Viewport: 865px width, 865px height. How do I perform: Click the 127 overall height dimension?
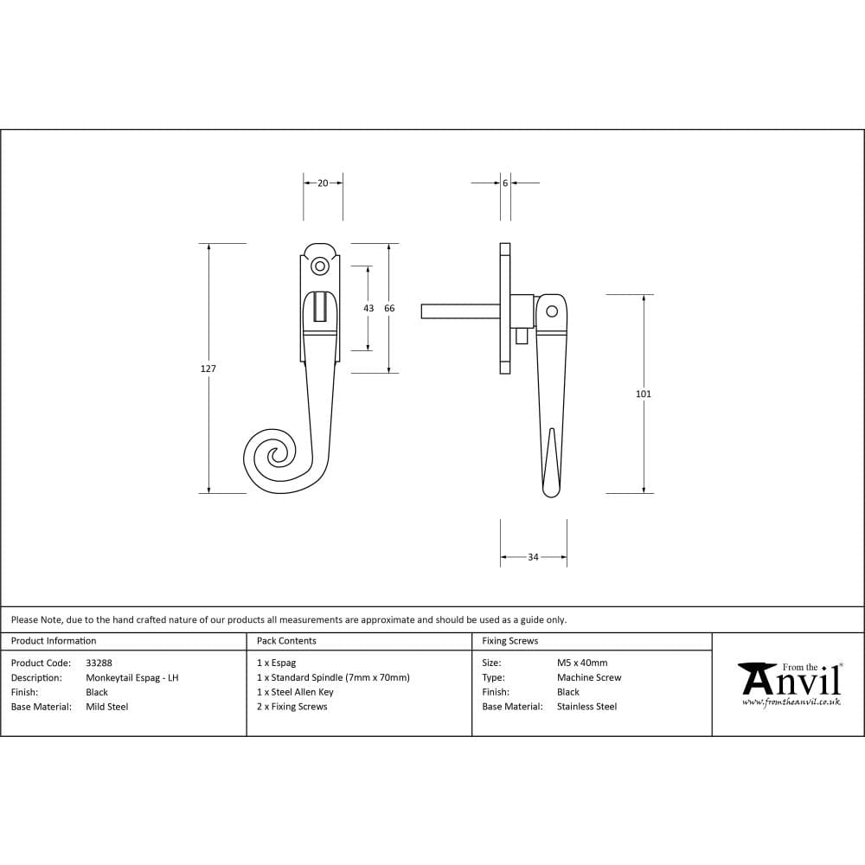click(208, 368)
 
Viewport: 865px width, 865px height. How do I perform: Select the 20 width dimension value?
click(323, 183)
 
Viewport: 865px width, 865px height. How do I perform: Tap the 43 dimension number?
click(368, 308)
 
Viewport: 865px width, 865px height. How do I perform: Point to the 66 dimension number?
click(389, 308)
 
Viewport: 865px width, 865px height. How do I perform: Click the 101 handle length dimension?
click(643, 394)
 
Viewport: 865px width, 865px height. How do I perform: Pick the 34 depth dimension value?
click(533, 557)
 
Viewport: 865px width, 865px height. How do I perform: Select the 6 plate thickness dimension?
click(504, 183)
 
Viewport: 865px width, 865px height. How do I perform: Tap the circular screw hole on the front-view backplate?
click(320, 267)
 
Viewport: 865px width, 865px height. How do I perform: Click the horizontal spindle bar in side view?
click(458, 311)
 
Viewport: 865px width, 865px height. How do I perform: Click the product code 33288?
click(99, 663)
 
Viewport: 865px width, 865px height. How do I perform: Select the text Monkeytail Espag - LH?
click(132, 678)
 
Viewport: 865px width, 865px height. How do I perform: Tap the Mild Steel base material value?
click(107, 707)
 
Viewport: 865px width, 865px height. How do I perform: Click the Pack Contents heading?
click(286, 641)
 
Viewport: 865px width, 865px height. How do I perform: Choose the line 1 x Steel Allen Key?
click(295, 692)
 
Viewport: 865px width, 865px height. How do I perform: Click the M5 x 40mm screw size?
click(582, 663)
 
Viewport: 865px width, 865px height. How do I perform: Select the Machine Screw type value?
click(589, 678)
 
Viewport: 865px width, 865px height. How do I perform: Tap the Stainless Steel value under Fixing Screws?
click(586, 707)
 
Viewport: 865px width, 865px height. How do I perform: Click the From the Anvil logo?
click(789, 683)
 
